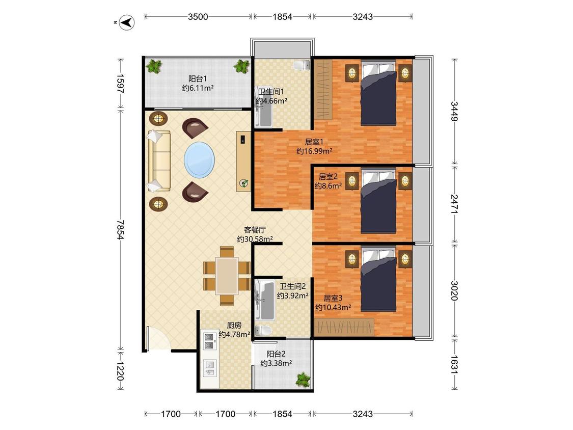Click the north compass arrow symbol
127,22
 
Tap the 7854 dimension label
120,230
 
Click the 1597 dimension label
120,84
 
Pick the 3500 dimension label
198,16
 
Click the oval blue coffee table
199,159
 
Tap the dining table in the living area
227,276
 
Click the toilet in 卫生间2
263,331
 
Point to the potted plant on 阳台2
303,379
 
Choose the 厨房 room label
234,325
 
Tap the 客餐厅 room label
255,230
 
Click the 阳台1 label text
198,78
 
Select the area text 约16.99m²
314,151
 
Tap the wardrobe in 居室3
344,327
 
